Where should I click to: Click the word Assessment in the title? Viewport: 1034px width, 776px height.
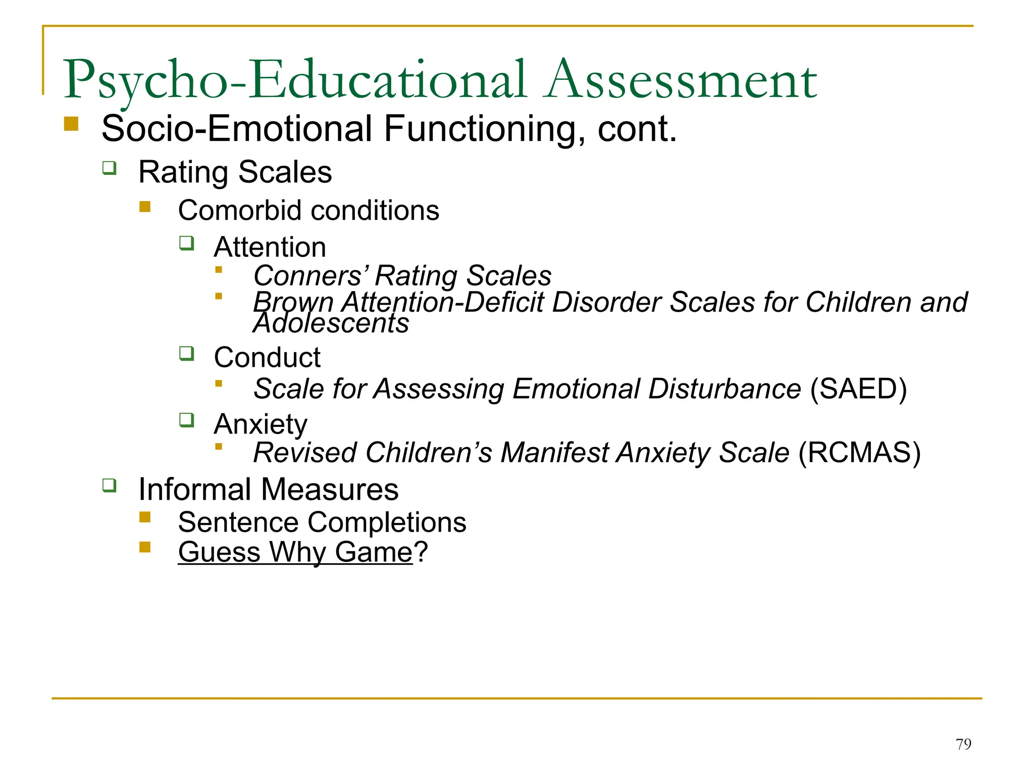682,80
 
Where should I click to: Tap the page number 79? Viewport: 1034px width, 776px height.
963,744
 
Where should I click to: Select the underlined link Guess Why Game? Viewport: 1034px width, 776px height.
295,552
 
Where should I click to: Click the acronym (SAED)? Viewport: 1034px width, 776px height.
858,389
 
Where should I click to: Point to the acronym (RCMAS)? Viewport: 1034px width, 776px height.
859,452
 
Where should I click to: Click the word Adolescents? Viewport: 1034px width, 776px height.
331,323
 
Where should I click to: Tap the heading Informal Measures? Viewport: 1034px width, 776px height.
268,489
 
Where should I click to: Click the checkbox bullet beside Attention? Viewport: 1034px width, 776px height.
187,244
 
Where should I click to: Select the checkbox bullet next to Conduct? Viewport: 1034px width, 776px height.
187,353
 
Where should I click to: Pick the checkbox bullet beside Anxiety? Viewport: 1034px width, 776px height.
187,420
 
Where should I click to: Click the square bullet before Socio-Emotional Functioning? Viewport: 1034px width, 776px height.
71,124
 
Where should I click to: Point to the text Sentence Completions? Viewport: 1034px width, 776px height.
322,522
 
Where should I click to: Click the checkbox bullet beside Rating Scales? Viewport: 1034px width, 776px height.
110,168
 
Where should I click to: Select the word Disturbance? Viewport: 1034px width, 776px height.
725,389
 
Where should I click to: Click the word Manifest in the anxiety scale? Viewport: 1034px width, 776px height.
554,452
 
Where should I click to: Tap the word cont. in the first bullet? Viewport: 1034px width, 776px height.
637,129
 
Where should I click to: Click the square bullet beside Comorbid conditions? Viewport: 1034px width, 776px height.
145,207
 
